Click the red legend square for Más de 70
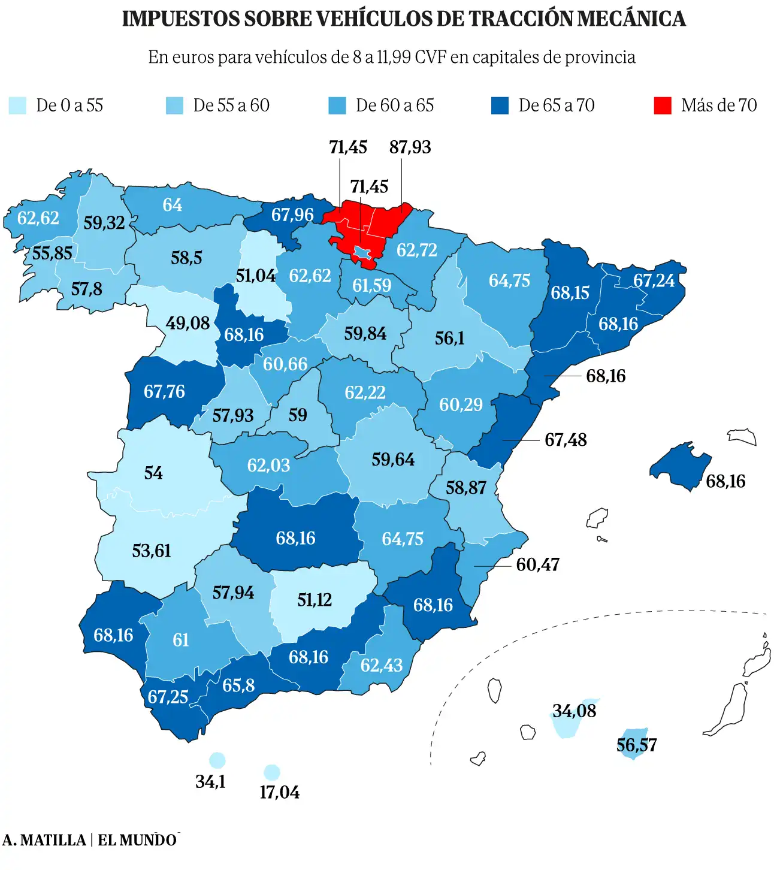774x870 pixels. [x=662, y=105]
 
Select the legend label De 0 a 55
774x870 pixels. [x=69, y=105]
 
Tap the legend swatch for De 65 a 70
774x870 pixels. [x=500, y=105]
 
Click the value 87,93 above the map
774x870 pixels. [x=410, y=147]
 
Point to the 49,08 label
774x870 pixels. [x=188, y=324]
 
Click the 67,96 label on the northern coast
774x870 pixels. [x=292, y=215]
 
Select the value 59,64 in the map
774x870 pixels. [x=392, y=460]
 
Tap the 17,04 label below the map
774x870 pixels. [x=279, y=793]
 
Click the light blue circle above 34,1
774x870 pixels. [x=217, y=761]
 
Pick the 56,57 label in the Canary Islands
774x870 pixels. [x=636, y=745]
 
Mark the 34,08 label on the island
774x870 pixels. [x=574, y=711]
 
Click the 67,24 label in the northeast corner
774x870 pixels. [x=654, y=280]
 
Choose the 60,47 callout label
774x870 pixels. [x=537, y=565]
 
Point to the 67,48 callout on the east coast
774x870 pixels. [x=565, y=440]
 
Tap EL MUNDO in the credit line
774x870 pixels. [x=137, y=840]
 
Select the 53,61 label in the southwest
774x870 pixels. [x=152, y=551]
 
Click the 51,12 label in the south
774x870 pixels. [x=315, y=600]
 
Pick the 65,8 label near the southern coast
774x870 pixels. [x=238, y=685]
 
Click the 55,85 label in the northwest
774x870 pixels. [x=52, y=253]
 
